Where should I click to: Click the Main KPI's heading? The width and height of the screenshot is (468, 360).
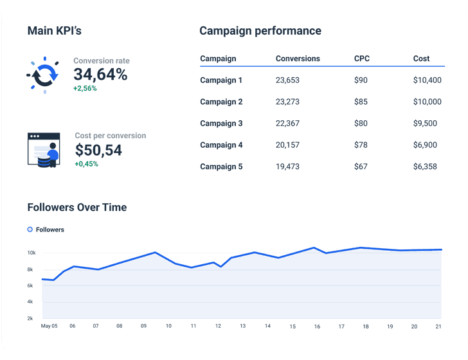click(54, 31)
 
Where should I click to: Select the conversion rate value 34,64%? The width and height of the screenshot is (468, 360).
click(100, 75)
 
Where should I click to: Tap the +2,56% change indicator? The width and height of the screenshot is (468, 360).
click(85, 88)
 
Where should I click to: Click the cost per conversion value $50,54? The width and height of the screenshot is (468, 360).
click(98, 150)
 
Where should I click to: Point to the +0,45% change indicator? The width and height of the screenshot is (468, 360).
click(86, 164)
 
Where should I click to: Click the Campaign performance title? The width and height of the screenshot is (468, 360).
click(260, 31)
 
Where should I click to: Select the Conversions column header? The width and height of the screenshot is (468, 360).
click(298, 59)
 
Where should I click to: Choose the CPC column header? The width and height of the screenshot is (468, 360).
click(362, 59)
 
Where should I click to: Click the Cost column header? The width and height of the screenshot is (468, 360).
click(421, 59)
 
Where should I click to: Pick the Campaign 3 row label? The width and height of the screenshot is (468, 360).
click(221, 123)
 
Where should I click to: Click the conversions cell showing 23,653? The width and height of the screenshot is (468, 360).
click(287, 80)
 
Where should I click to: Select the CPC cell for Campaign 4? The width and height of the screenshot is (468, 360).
click(361, 145)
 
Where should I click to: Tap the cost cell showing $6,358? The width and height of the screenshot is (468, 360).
click(425, 166)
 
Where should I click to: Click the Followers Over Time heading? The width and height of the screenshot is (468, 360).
click(76, 207)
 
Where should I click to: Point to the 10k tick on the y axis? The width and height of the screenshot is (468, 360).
click(30, 253)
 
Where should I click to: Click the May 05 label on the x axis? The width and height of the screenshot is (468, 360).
click(49, 326)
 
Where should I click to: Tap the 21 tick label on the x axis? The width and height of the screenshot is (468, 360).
click(438, 326)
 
